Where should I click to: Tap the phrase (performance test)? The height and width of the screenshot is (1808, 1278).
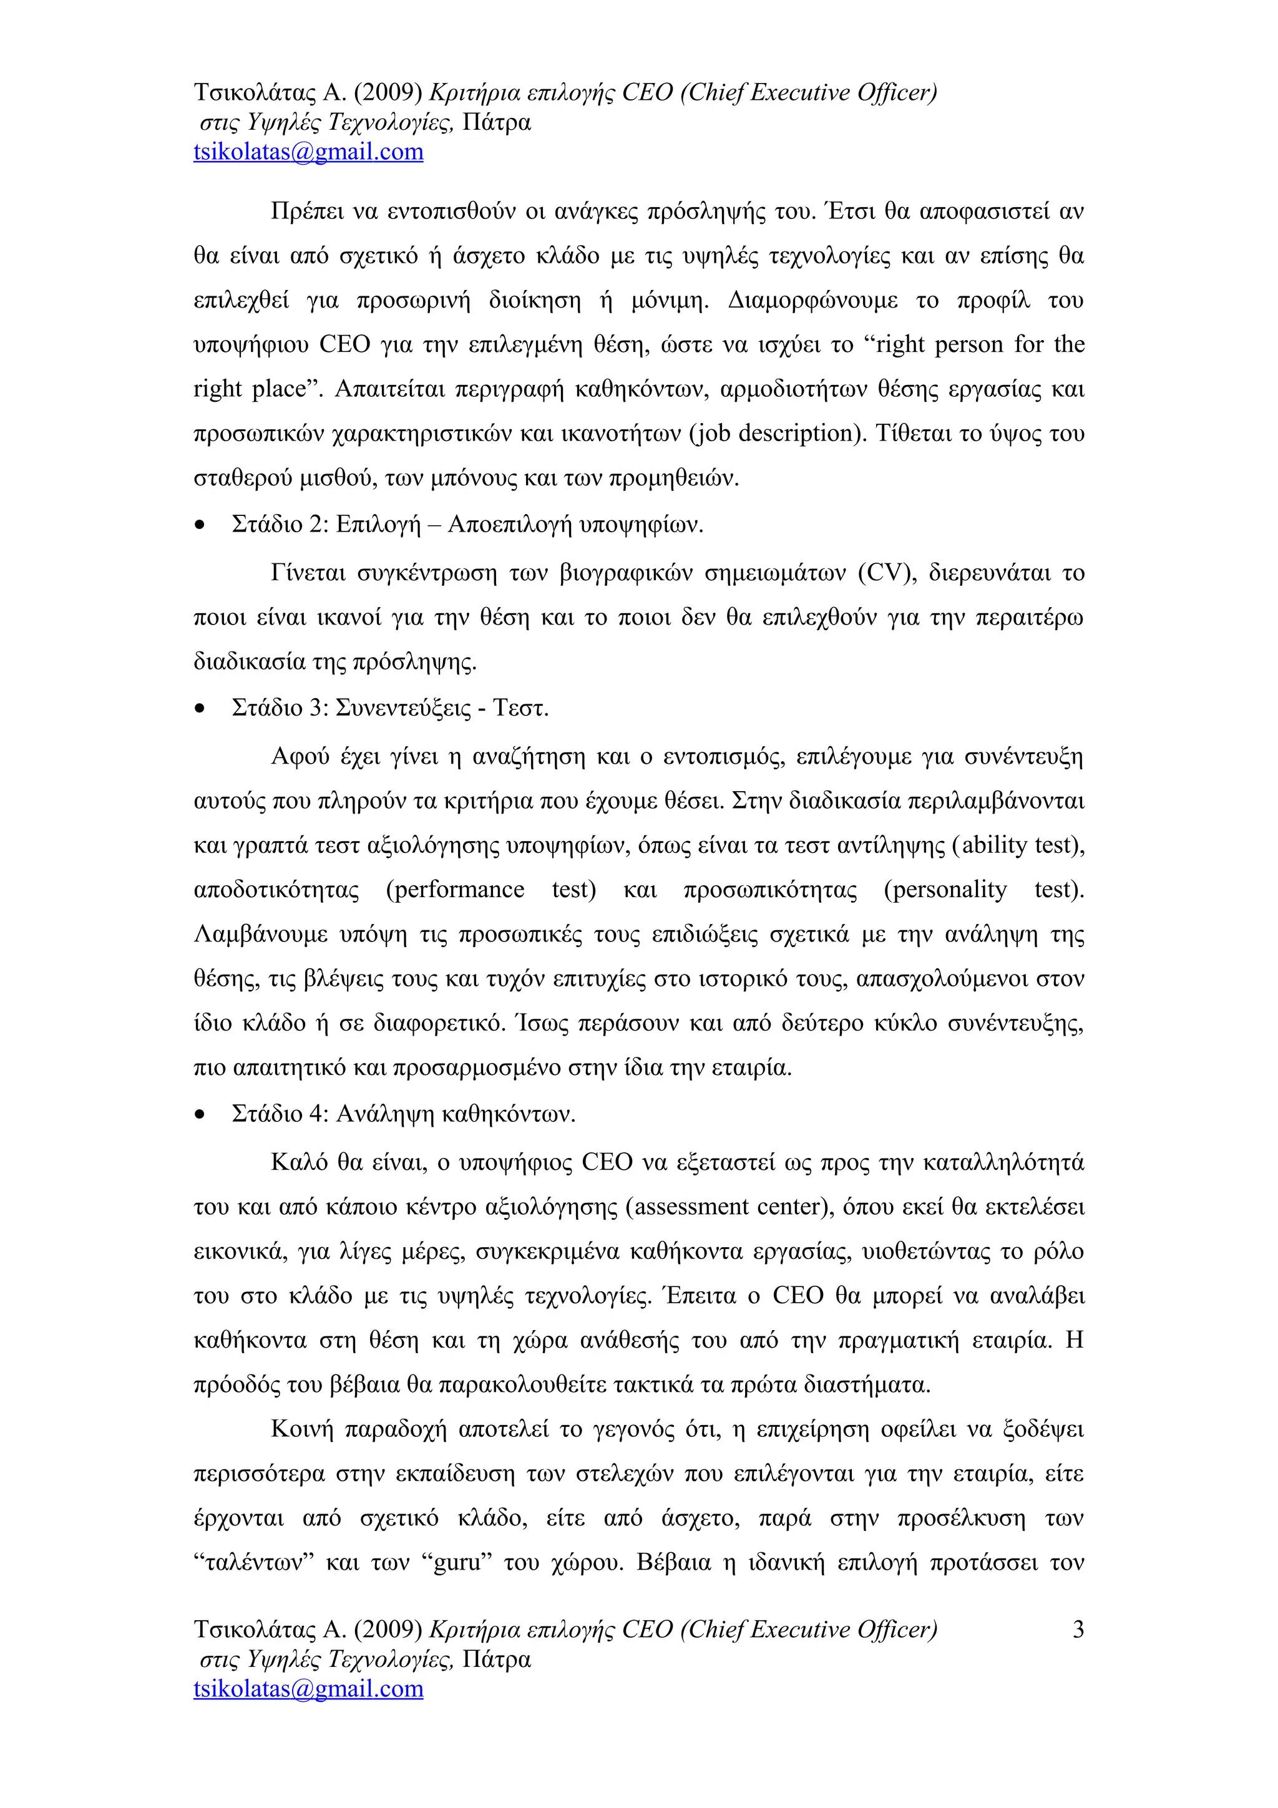point(490,890)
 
